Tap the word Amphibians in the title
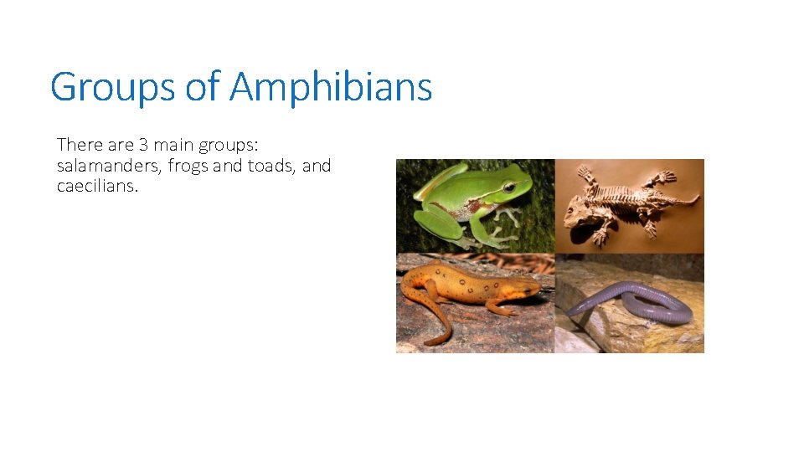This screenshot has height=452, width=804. tap(331, 87)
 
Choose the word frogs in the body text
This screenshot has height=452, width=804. tap(188, 166)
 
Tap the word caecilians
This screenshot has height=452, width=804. tap(95, 187)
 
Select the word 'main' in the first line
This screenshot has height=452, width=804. tap(174, 144)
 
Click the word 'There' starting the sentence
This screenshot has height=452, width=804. tap(80, 144)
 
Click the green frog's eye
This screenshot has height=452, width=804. tap(508, 187)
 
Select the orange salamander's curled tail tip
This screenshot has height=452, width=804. tap(429, 342)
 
